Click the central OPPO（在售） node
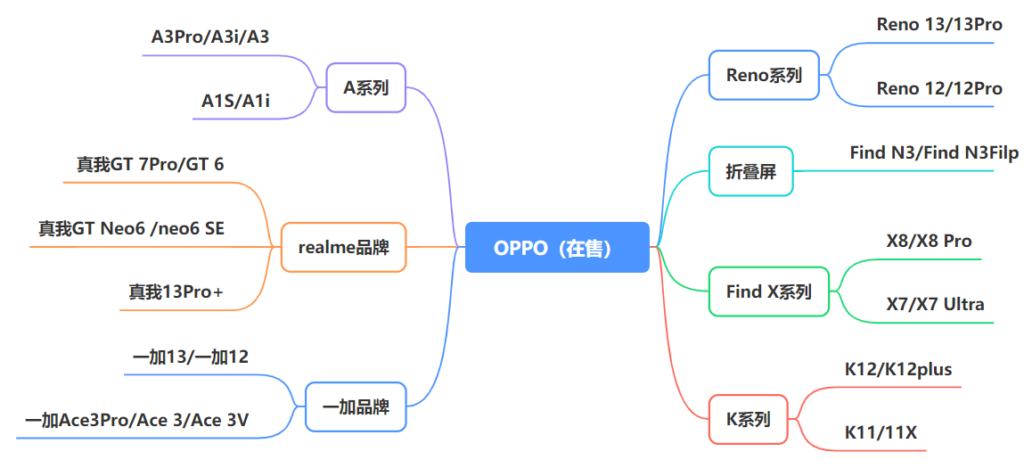pos(557,247)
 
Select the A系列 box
pos(366,87)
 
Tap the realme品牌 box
pos(344,247)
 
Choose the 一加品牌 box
pos(356,406)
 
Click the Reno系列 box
pos(764,75)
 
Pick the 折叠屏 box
pos(750,171)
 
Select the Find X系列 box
pos(768,291)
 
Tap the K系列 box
pos(749,418)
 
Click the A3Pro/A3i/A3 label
pos(210,37)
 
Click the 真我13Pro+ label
pos(176,291)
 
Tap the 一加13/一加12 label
pos(191,357)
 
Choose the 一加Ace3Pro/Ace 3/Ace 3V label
pos(136,420)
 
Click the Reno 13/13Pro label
pos(939,24)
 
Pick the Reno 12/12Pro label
pos(939,88)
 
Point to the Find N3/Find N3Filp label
pos(934,152)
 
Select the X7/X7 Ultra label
pos(935,304)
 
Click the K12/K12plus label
pos(898,369)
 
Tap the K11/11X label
pos(880,433)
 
